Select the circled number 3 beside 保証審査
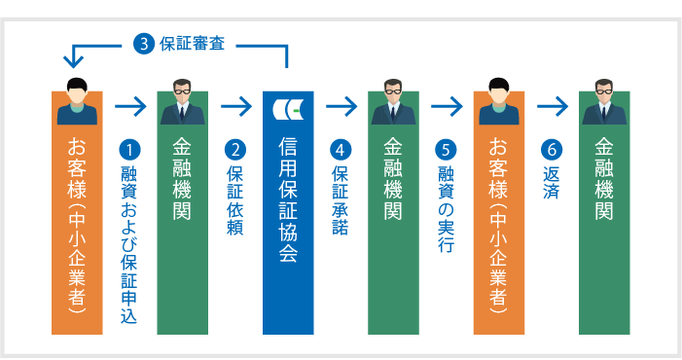[144, 43]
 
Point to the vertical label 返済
[551, 182]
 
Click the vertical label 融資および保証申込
[129, 244]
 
